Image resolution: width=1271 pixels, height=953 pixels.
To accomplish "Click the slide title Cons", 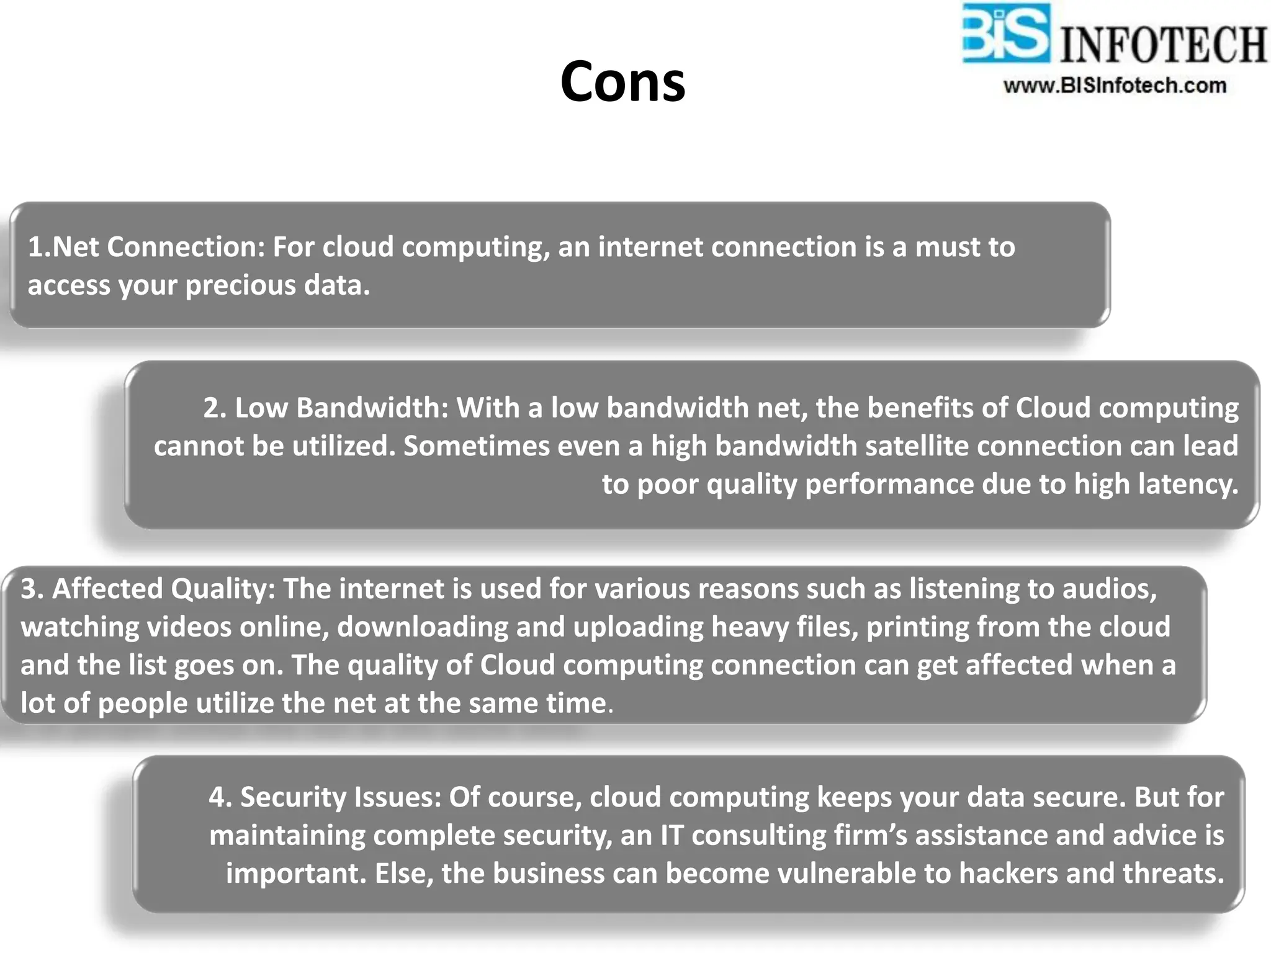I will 622,83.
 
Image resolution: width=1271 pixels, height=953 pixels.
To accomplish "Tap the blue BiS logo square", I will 1006,34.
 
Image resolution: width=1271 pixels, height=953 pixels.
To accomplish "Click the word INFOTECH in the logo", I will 1163,45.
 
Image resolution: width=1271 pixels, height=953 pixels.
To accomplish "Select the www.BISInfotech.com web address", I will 1115,86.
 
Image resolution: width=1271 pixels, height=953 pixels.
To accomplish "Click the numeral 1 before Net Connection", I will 35,248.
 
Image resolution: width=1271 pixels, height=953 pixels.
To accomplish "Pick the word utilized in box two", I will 343,447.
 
